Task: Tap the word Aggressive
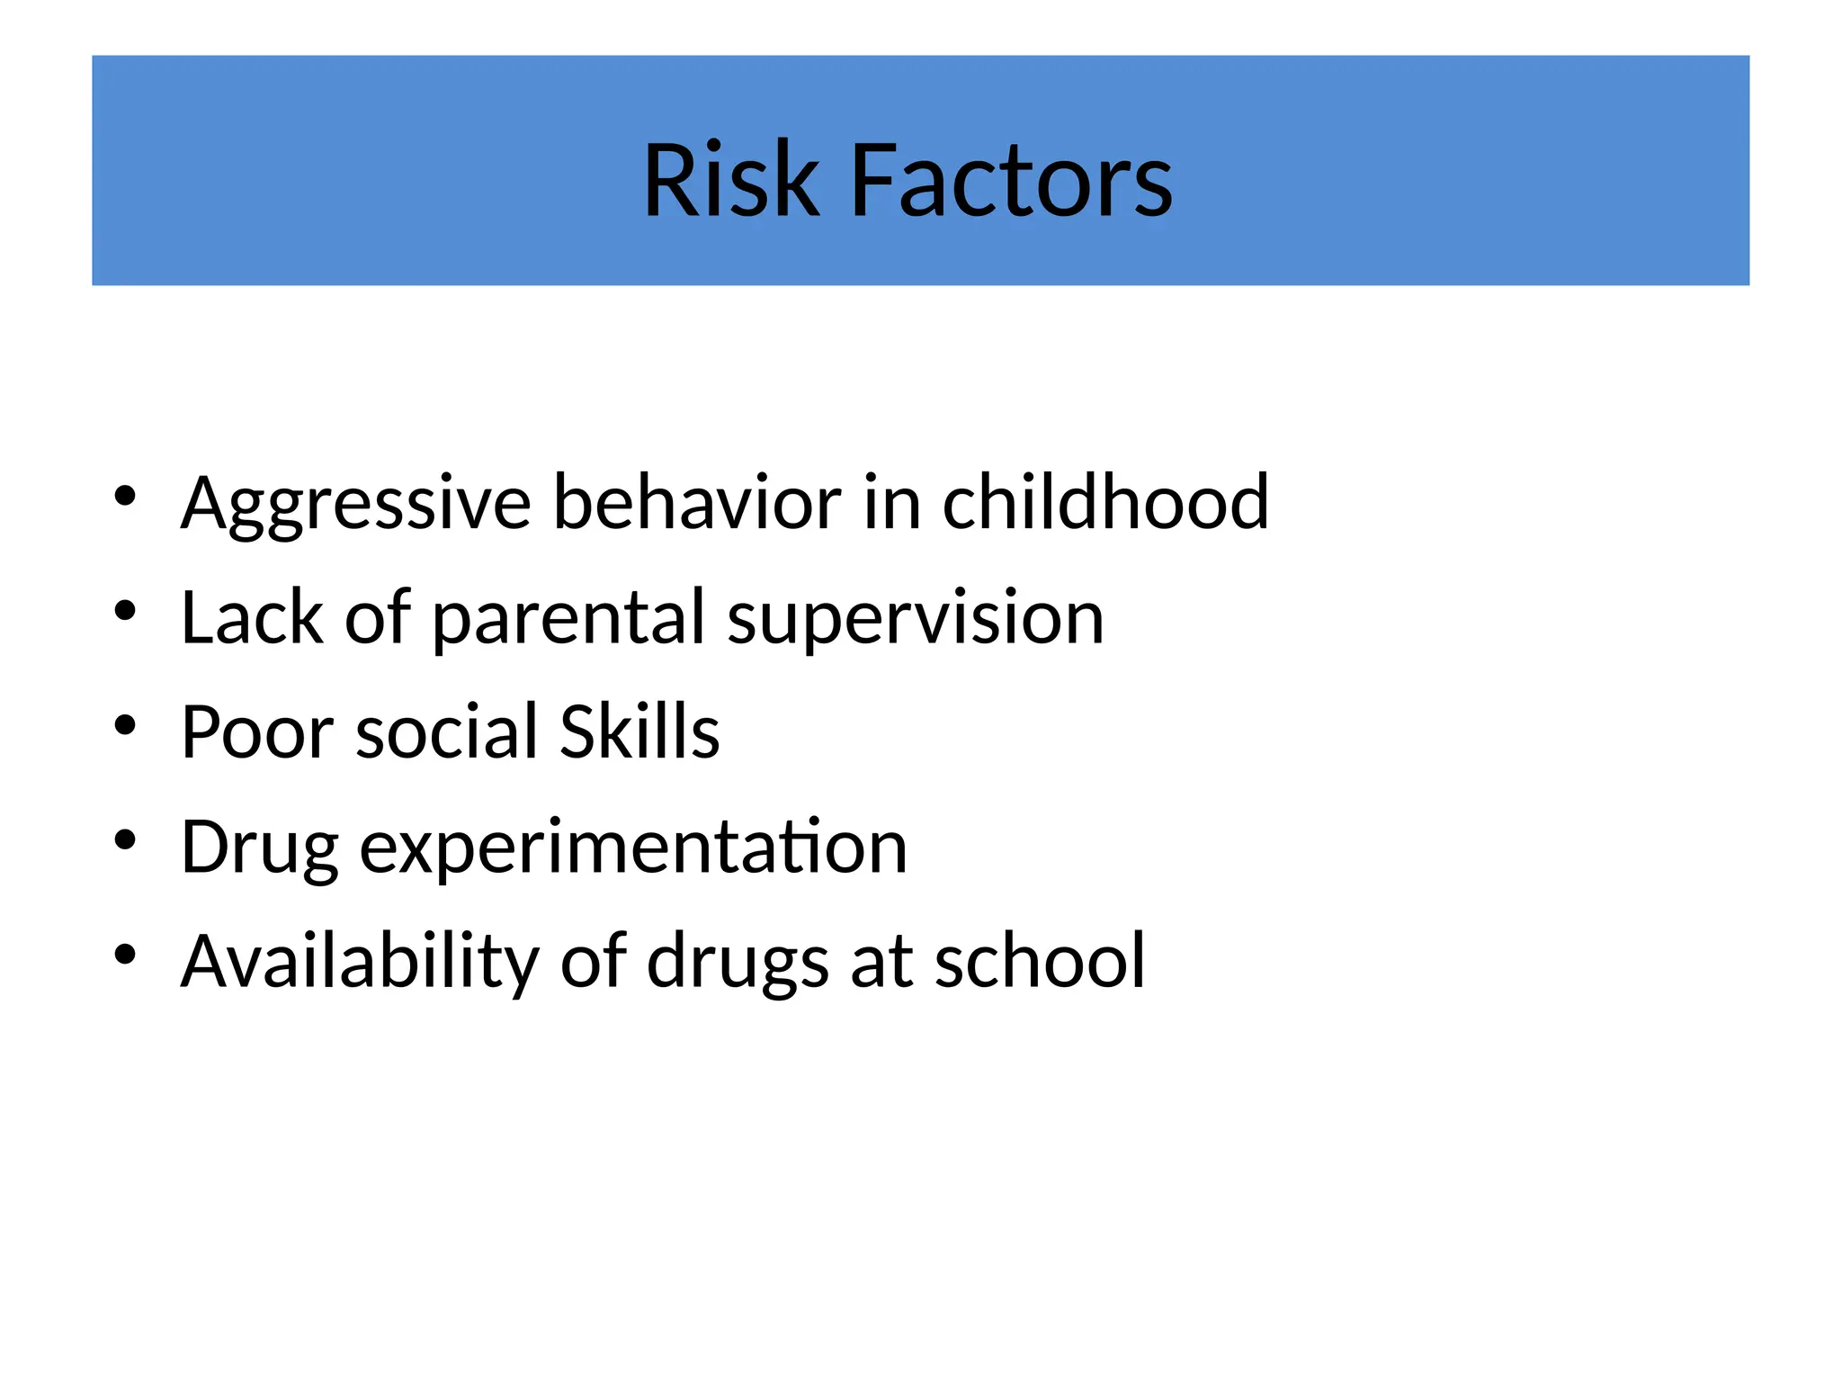356,504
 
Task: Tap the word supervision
915,619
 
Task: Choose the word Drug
260,848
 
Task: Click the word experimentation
633,848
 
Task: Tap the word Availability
360,962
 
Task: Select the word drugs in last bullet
738,962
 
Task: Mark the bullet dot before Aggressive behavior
125,496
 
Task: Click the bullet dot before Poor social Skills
125,725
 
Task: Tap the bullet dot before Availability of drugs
125,955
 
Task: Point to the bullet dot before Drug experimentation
125,840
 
